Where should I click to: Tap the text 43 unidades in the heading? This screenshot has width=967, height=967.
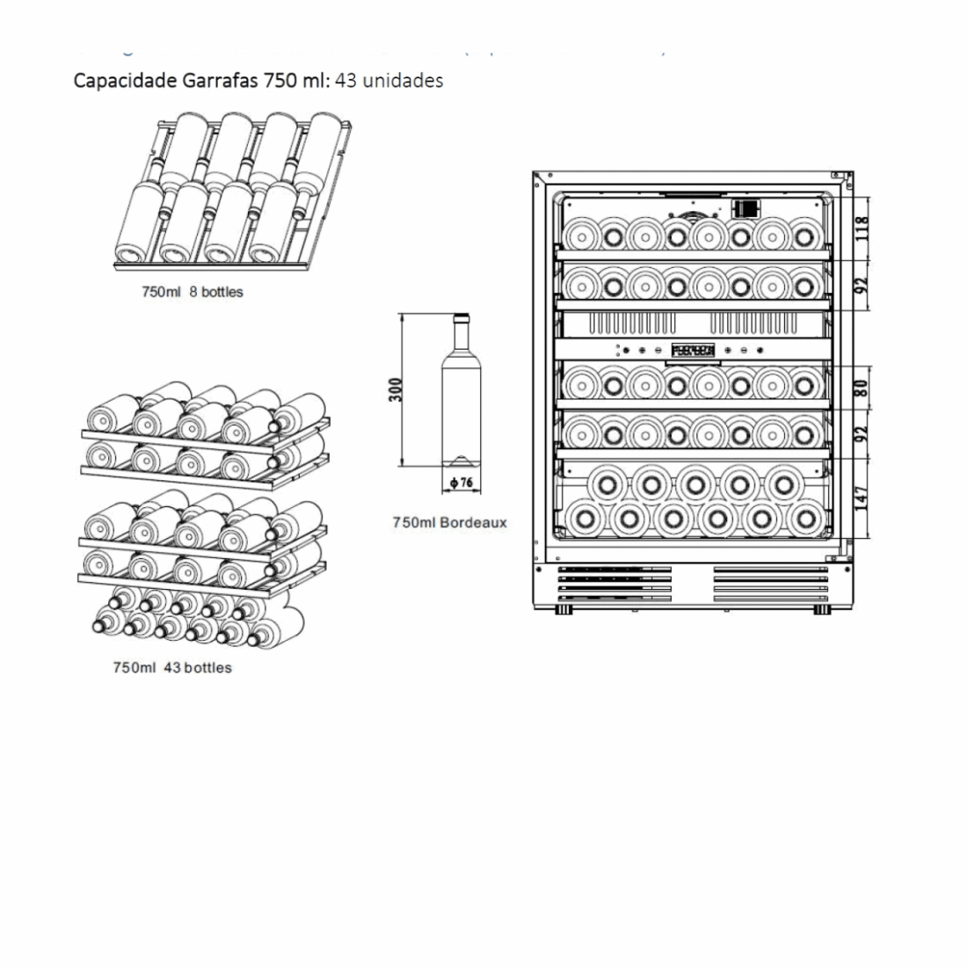click(x=389, y=81)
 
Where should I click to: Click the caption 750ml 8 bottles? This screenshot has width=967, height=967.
click(x=193, y=292)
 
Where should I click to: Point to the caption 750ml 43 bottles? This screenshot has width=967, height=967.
click(x=172, y=667)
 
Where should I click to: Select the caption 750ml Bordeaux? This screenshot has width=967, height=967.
click(x=449, y=522)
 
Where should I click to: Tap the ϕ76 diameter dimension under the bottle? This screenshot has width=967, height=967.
click(x=461, y=483)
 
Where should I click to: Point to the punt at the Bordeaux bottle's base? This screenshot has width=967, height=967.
click(x=461, y=460)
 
